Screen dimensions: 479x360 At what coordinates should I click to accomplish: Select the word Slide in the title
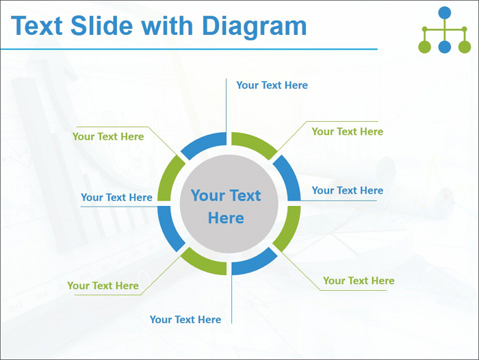(x=101, y=25)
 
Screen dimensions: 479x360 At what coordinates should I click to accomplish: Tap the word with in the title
(x=167, y=25)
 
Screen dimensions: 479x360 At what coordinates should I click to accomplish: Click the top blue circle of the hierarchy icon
(x=445, y=12)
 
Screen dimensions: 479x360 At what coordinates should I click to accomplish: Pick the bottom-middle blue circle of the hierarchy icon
(x=445, y=47)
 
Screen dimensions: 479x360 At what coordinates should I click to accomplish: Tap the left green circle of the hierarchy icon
(x=425, y=47)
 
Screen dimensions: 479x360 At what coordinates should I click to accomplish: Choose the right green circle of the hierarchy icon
(x=465, y=47)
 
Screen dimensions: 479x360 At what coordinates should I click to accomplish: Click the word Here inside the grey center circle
(x=226, y=218)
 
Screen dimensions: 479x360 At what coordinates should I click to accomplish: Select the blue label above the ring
(x=272, y=86)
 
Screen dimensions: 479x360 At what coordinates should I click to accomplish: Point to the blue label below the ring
(x=185, y=320)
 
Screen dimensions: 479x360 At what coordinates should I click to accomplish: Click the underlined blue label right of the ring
(x=348, y=190)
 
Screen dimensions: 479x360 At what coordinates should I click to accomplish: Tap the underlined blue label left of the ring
(x=117, y=197)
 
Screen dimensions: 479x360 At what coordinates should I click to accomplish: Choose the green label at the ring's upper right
(x=348, y=131)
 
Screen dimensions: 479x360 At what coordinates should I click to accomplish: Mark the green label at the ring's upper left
(x=108, y=137)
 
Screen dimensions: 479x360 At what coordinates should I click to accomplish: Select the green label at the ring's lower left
(x=103, y=285)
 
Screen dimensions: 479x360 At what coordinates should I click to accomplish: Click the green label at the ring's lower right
(x=359, y=281)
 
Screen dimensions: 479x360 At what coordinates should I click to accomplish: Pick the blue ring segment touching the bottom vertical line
(x=252, y=263)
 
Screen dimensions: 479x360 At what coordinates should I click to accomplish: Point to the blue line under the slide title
(x=189, y=49)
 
